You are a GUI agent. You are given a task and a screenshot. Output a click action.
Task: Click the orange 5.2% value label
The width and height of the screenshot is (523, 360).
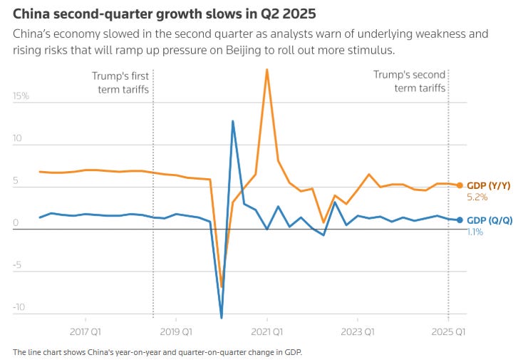point(475,196)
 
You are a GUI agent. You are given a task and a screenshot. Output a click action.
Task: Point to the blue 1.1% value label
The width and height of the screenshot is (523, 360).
point(475,232)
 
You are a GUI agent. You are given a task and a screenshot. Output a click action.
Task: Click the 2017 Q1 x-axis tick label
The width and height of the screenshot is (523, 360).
point(85,331)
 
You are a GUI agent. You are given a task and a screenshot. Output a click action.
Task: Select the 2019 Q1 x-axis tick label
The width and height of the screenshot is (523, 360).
point(176,331)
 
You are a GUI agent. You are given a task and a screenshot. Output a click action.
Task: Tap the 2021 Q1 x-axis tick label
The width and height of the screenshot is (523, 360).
point(267,331)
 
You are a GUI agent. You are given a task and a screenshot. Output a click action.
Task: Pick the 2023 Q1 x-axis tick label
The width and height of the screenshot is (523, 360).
point(358,331)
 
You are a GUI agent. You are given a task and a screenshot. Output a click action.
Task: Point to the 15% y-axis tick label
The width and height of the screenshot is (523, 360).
point(20,95)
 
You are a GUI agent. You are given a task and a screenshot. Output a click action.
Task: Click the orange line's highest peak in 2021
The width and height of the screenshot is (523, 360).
point(266,69)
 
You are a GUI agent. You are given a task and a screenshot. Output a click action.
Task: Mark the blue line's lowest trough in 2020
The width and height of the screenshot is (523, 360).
point(222,317)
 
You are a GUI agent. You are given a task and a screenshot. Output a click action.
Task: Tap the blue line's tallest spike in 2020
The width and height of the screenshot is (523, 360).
point(233,121)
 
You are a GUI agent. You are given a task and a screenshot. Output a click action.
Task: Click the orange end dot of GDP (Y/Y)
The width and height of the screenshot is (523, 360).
point(460,185)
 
